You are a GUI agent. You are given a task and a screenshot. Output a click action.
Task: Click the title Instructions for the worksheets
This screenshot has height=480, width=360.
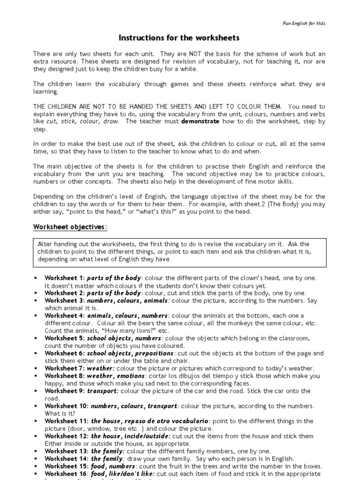[x=180, y=37]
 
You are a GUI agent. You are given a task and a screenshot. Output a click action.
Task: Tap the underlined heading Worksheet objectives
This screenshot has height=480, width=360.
[x=70, y=227]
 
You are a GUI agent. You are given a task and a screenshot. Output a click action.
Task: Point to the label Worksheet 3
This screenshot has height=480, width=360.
[x=64, y=300]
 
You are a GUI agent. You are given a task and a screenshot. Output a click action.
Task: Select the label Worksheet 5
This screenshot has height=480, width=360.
[x=64, y=338]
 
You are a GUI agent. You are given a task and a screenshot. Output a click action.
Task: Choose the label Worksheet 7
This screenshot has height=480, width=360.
[x=64, y=368]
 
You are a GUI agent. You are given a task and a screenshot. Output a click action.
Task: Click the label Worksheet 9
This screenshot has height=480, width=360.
[x=64, y=391]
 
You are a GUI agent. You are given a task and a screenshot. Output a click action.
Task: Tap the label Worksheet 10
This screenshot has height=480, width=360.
[x=66, y=406]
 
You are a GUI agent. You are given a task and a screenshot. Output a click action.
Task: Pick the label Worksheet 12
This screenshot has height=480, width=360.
[x=66, y=436]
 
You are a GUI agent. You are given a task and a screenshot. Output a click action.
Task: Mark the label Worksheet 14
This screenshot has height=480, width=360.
[x=66, y=458]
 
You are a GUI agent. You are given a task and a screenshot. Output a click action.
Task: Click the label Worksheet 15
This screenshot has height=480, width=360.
[x=66, y=466]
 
